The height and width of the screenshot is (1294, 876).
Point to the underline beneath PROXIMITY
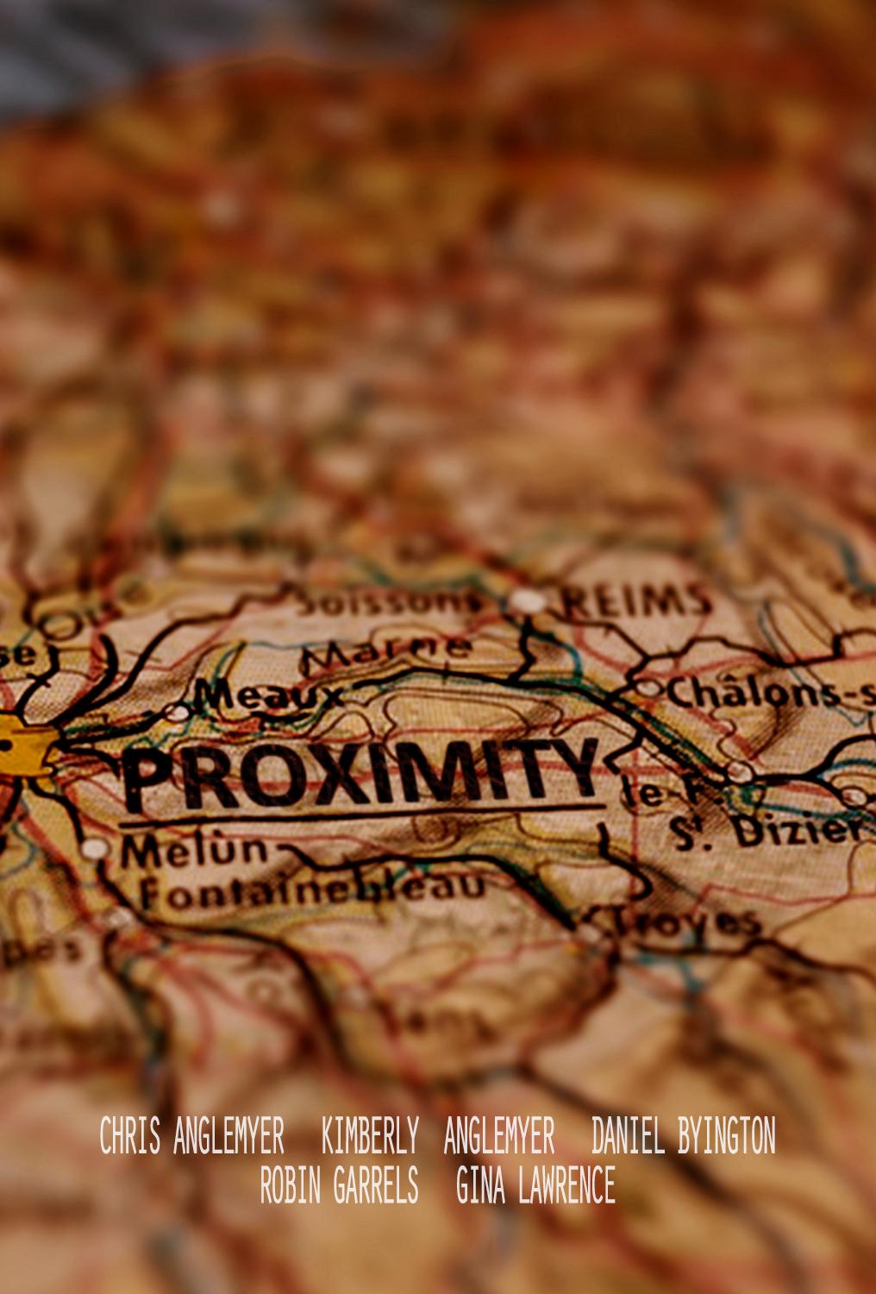[x=362, y=814]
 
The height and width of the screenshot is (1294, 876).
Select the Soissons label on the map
[x=388, y=600]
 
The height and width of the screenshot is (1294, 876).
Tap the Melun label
[x=194, y=851]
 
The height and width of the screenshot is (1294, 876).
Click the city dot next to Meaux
[x=177, y=713]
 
